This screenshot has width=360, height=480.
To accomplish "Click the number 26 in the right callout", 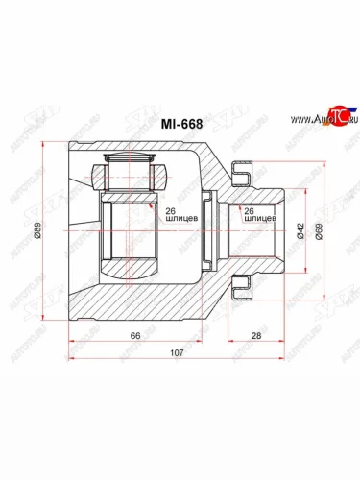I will (250, 210).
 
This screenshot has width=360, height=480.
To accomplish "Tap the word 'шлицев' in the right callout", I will (260, 219).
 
